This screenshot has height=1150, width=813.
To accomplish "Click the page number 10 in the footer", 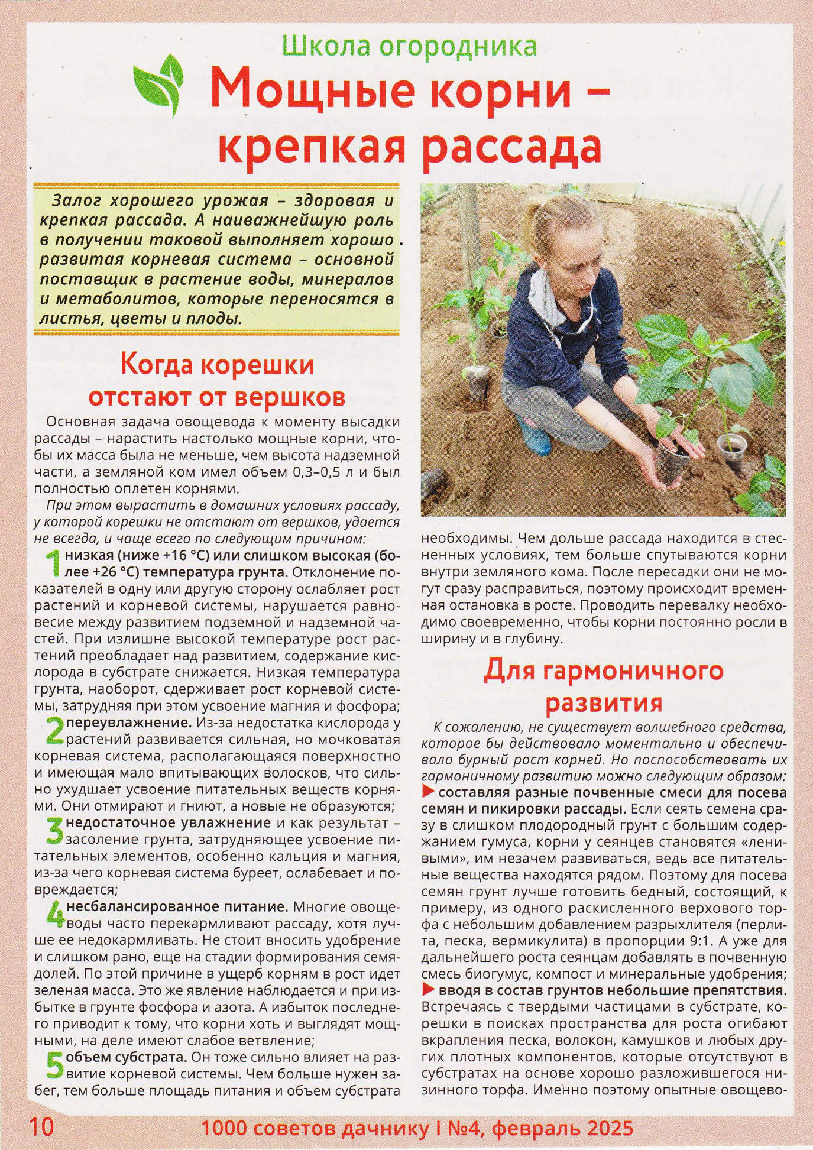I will (41, 1126).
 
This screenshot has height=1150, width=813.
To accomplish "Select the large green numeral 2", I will (54, 731).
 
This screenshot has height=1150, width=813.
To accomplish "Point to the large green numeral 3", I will (54, 831).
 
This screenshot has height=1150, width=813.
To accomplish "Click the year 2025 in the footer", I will (610, 1128).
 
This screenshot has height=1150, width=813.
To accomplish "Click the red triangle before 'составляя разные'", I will (429, 792).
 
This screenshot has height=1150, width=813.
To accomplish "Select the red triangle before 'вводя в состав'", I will (429, 990).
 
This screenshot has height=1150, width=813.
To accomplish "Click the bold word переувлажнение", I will (128, 723).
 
